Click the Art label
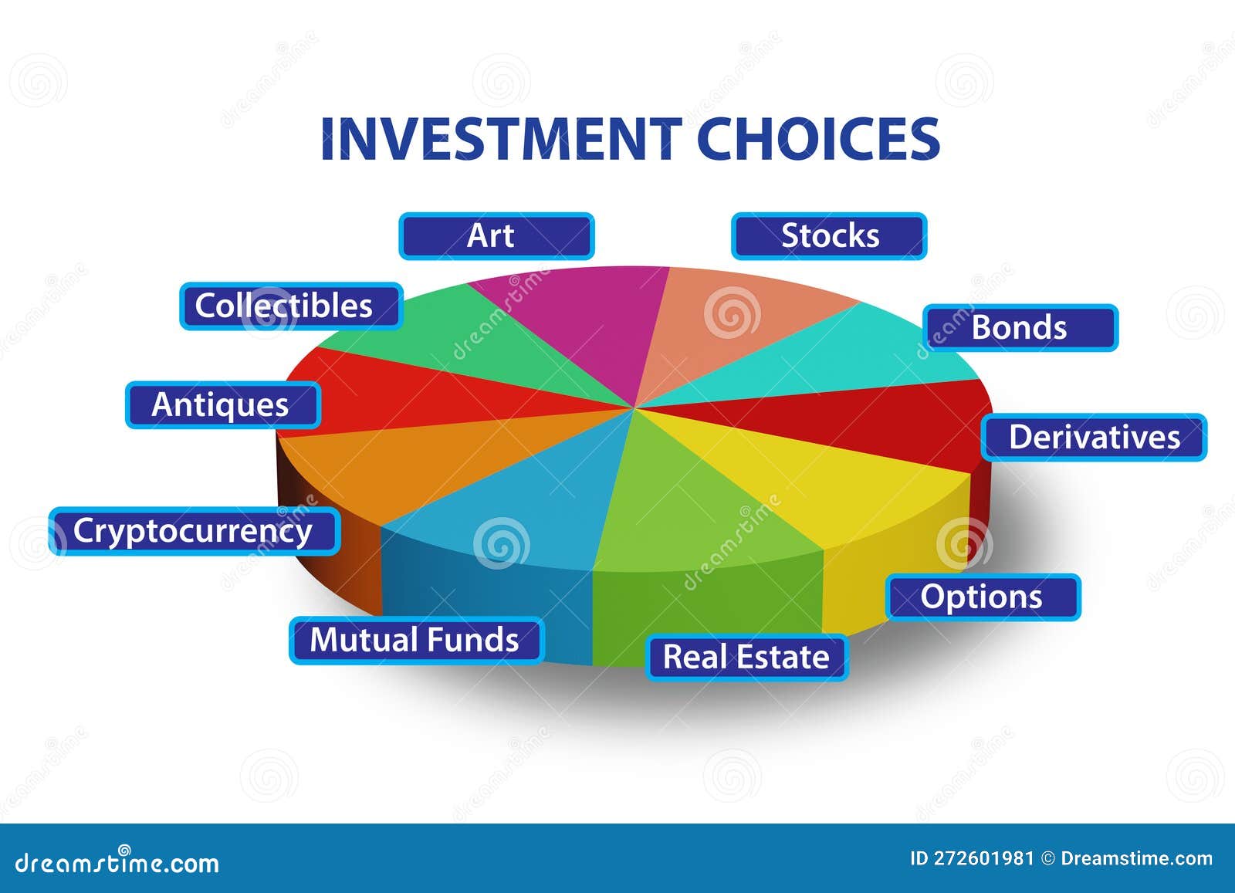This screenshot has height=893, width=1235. pyautogui.click(x=496, y=236)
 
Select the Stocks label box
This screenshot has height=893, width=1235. pyautogui.click(x=829, y=236)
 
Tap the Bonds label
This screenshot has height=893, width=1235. pyautogui.click(x=1020, y=328)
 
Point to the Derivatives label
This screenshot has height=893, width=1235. pyautogui.click(x=1094, y=438)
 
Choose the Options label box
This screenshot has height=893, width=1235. pyautogui.click(x=983, y=597)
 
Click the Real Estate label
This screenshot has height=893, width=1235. pyautogui.click(x=746, y=658)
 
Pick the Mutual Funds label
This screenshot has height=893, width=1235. pyautogui.click(x=416, y=641)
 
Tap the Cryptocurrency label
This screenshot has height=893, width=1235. pyautogui.click(x=194, y=531)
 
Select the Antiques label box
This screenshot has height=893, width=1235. pyautogui.click(x=222, y=405)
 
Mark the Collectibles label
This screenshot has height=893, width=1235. pyautogui.click(x=290, y=306)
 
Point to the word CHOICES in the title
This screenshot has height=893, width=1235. pyautogui.click(x=818, y=140)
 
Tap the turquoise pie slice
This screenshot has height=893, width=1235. pyautogui.click(x=849, y=355)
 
